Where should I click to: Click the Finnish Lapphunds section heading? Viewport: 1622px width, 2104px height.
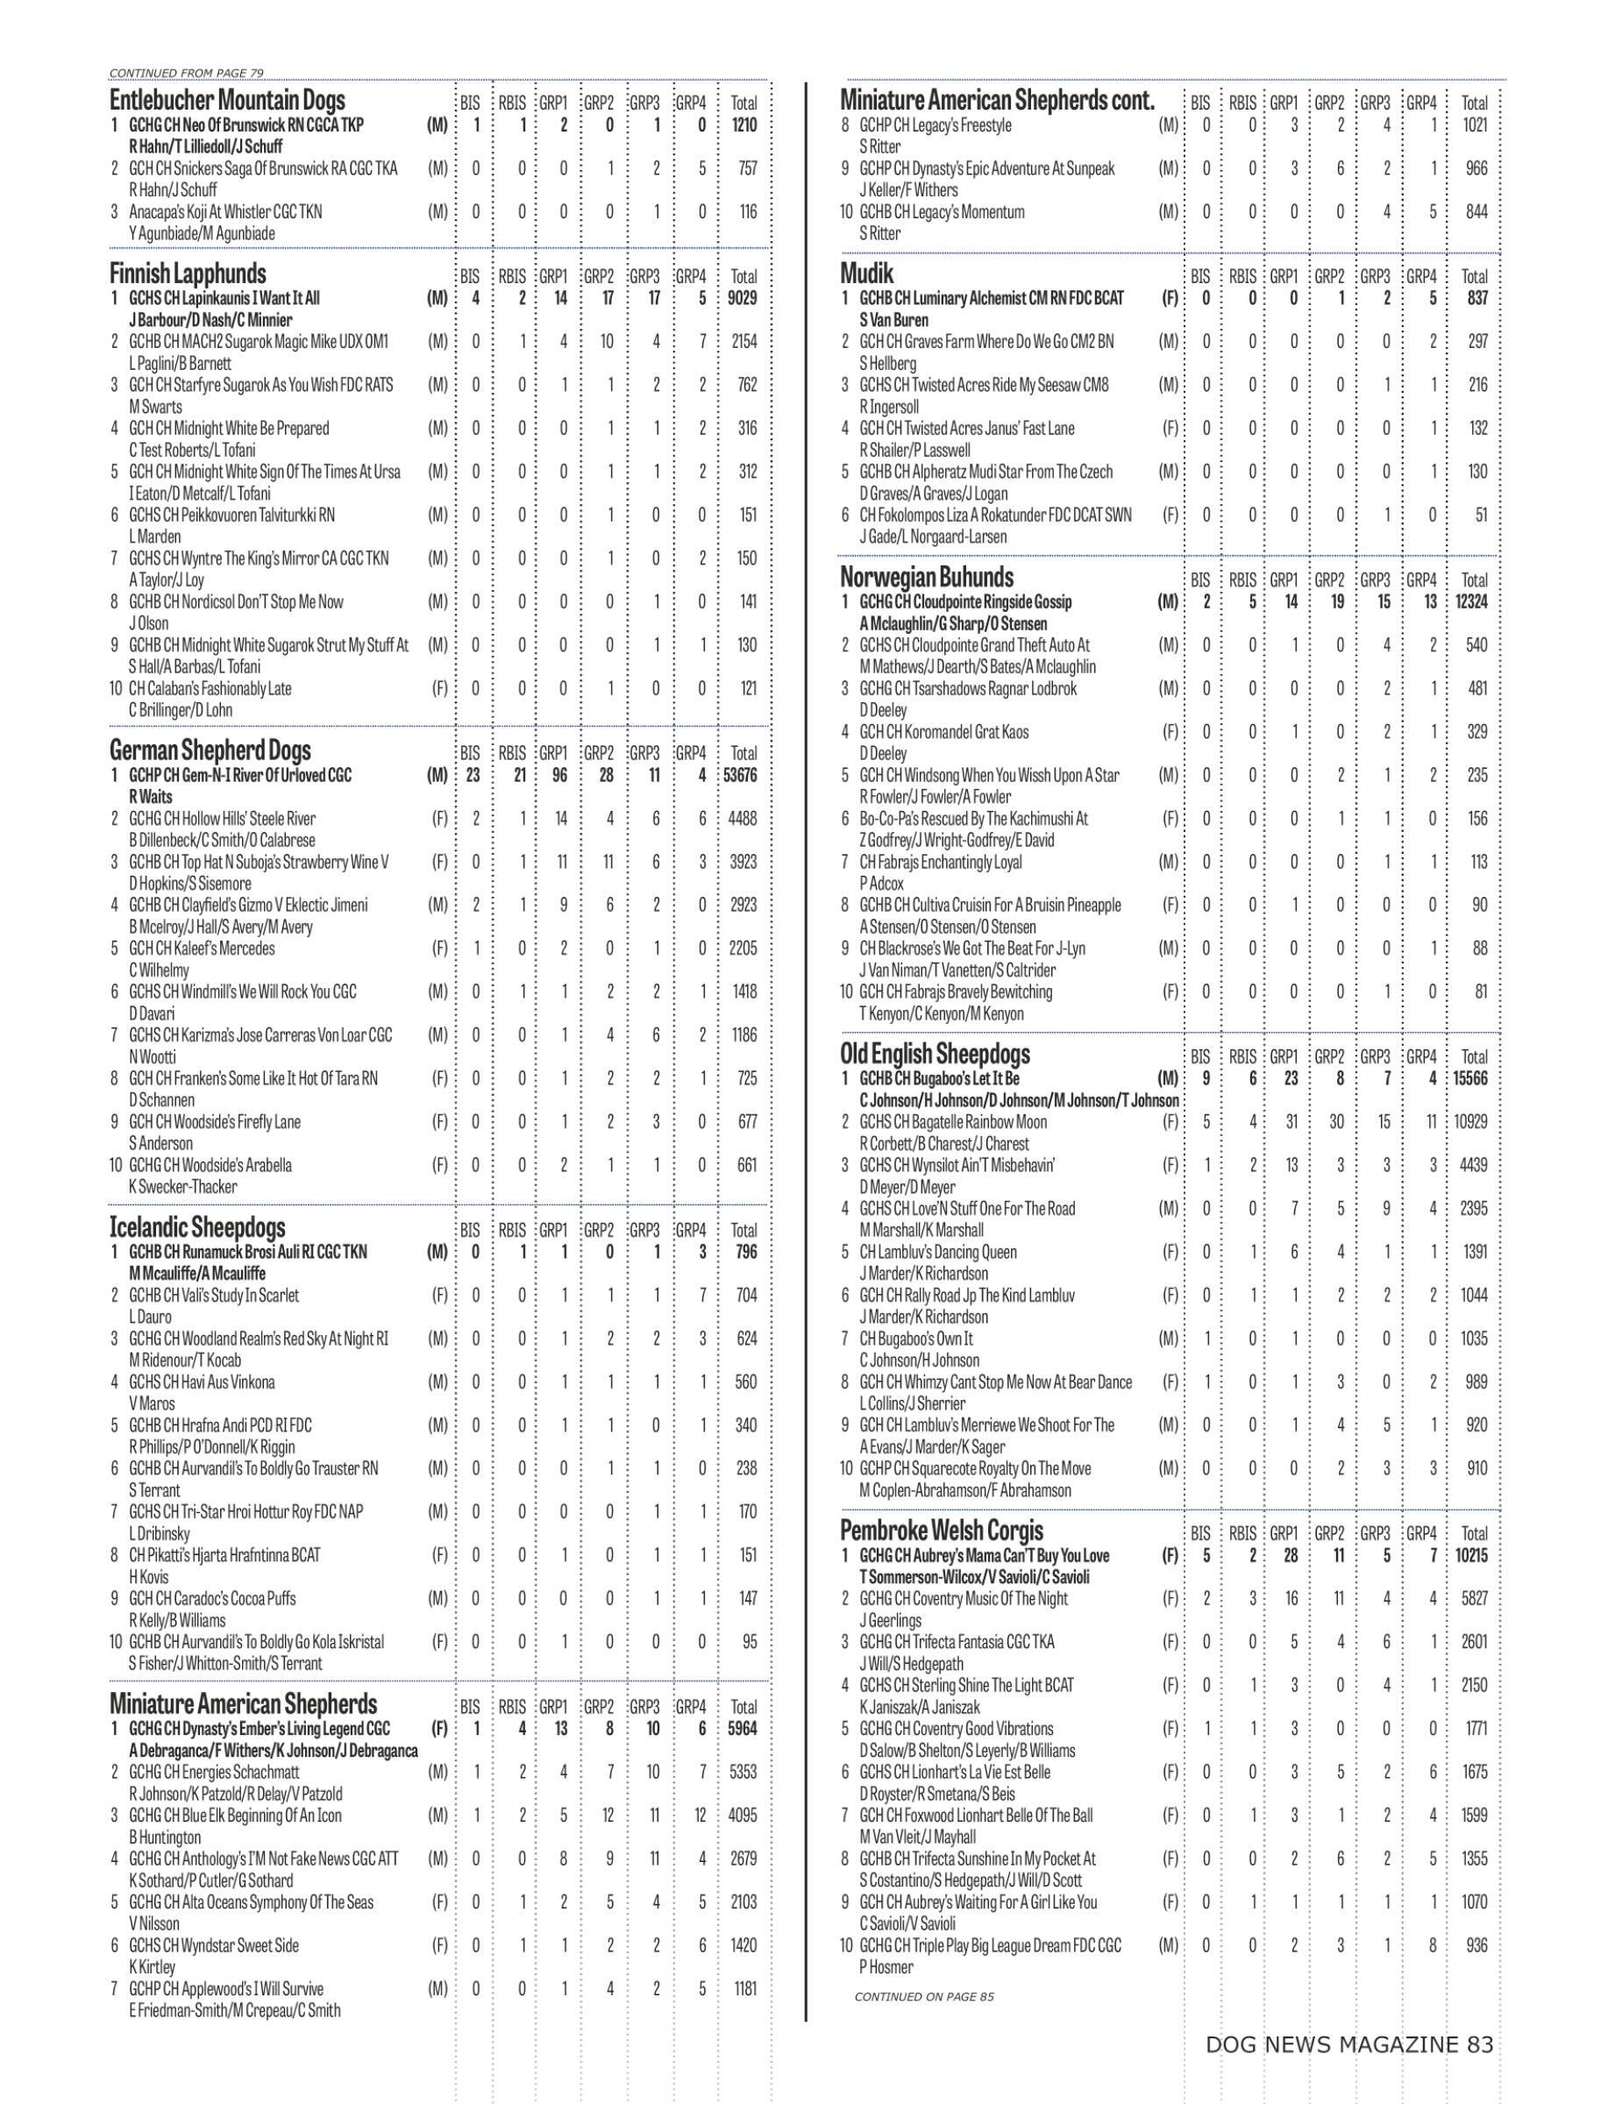[x=188, y=274]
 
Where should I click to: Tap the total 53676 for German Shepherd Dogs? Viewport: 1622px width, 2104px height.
[x=743, y=775]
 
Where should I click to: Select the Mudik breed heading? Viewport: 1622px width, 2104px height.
[x=867, y=274]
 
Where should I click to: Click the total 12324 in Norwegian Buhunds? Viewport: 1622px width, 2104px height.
[x=1473, y=602]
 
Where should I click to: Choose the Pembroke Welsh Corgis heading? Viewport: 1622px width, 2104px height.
[x=941, y=1530]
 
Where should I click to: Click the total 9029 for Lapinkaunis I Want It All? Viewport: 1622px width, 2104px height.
[x=743, y=299]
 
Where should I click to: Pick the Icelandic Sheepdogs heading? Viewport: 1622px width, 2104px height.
[x=197, y=1227]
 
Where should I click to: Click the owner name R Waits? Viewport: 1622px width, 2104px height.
[x=150, y=797]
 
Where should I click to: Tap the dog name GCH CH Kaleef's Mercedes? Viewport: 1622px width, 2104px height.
[x=203, y=948]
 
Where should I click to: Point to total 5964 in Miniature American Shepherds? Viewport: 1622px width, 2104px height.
[x=743, y=1728]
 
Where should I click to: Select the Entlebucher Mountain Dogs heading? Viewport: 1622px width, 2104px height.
[x=227, y=100]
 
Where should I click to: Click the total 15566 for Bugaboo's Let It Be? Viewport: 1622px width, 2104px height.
[x=1471, y=1078]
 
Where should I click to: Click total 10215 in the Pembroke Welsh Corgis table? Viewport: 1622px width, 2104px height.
[x=1471, y=1555]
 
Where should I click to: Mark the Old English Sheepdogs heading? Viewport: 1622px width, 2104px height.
[x=935, y=1053]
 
